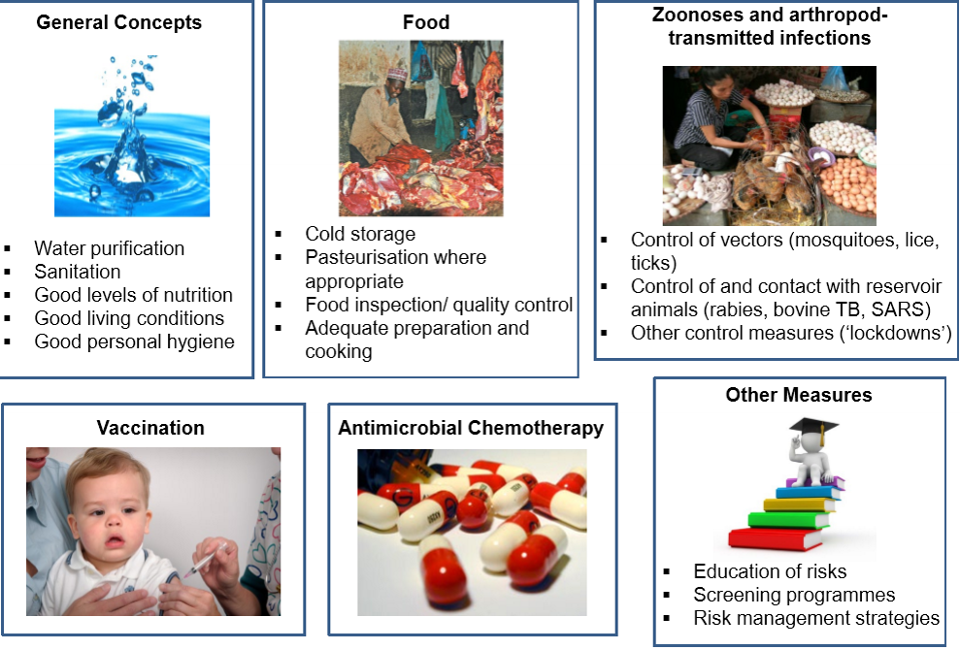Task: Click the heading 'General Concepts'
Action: pos(118,22)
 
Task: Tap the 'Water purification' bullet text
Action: pos(109,248)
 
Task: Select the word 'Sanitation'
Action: pos(77,271)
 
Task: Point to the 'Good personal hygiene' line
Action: pos(134,341)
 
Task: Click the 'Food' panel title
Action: pos(425,22)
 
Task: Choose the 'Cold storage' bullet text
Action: pos(360,233)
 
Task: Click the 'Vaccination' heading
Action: pos(150,427)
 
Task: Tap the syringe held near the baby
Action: pos(205,559)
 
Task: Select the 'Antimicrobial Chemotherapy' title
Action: pos(471,427)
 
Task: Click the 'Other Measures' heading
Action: pos(799,395)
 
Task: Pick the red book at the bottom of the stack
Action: pos(776,539)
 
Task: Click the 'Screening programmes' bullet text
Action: pos(794,595)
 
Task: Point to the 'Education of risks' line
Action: pos(770,571)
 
